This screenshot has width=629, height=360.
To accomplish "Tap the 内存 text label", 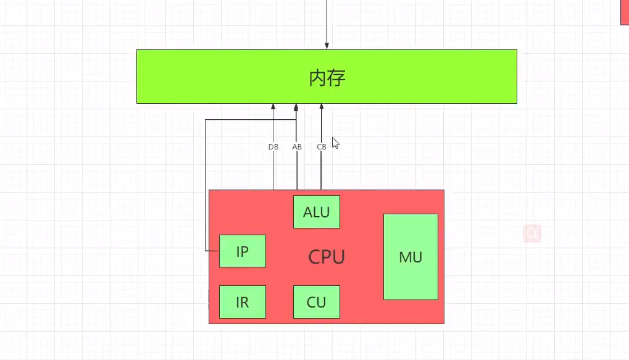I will [327, 78].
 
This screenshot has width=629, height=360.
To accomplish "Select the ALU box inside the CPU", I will [316, 212].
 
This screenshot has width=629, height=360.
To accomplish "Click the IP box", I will [242, 251].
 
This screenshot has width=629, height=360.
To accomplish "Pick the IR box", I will [242, 302].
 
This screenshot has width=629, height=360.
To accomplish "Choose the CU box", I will [316, 302].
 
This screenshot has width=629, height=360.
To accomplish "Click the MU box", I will [410, 257].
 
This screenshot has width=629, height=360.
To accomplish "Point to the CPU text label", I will [327, 257].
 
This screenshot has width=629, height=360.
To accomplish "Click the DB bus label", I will [273, 147].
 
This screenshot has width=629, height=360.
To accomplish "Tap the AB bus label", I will [297, 147].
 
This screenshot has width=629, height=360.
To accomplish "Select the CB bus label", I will [321, 147].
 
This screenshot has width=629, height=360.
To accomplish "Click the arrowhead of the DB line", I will [273, 107].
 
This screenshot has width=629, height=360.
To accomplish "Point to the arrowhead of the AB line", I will [296, 107].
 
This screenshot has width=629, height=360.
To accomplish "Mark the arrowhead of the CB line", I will [321, 107].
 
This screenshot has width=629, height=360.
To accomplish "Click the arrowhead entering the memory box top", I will [327, 46].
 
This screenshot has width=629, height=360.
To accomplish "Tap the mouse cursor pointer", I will [335, 143].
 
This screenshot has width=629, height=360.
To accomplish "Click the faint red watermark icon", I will [532, 233].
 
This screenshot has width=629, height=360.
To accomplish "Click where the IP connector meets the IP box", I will [219, 251].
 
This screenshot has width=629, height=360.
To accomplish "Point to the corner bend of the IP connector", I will [206, 120].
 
